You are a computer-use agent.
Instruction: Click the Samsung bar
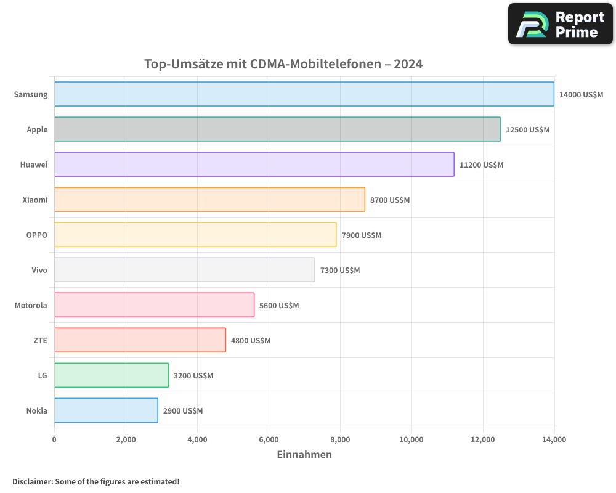tap(304, 94)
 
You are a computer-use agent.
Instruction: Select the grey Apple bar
tap(277, 129)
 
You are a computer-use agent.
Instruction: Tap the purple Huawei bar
tap(254, 165)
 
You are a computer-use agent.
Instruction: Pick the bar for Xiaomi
tap(209, 200)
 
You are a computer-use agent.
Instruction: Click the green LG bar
tap(111, 375)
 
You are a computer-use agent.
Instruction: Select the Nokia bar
tap(106, 410)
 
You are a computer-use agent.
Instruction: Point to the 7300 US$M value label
tap(340, 271)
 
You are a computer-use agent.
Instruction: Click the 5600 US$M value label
tap(279, 306)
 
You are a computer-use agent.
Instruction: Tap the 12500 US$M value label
tap(527, 130)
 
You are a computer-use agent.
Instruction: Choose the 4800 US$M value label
tap(251, 341)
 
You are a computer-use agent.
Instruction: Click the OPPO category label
tap(36, 235)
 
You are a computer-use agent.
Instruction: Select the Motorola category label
tap(31, 305)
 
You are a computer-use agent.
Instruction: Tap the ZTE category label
tap(40, 340)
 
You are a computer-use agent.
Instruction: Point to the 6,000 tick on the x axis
tap(269, 439)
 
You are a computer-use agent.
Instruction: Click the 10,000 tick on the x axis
tap(411, 439)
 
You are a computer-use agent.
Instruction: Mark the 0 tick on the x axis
tap(54, 439)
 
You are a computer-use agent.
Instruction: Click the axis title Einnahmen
tap(304, 455)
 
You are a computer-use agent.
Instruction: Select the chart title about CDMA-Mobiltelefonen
tap(283, 64)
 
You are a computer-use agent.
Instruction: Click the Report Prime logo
tap(561, 24)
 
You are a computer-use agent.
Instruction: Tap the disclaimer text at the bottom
tap(95, 481)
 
